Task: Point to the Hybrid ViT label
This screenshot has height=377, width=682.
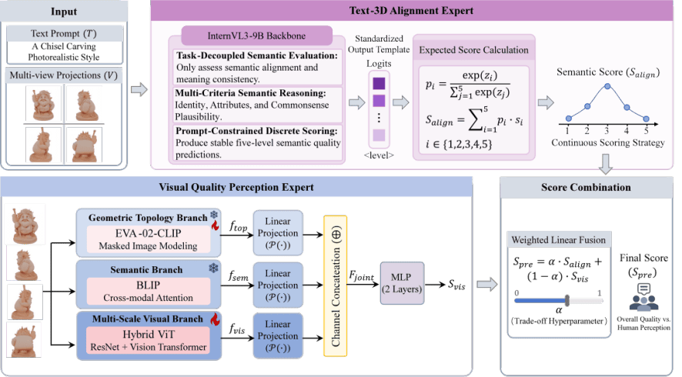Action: click(148, 335)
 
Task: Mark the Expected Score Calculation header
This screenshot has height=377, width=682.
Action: click(473, 50)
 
